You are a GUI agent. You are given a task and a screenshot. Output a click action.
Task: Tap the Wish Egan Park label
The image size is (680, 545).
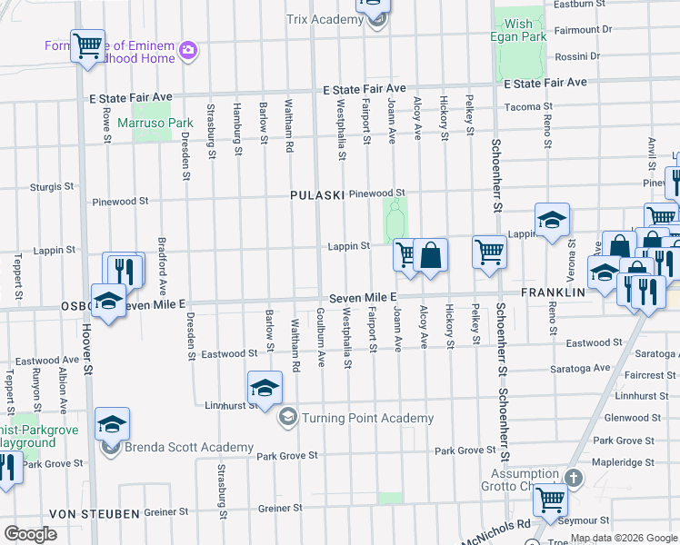tap(519, 30)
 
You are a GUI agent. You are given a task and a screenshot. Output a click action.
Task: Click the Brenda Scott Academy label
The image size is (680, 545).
tap(189, 447)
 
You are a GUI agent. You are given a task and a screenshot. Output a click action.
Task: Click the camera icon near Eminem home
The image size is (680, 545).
tap(188, 49)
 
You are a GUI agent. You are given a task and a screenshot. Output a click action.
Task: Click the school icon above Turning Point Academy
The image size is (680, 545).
tap(265, 388)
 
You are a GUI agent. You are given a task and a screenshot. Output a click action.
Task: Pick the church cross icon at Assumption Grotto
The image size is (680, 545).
tap(573, 478)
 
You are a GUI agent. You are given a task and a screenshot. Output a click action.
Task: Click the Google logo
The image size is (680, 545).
tap(30, 533)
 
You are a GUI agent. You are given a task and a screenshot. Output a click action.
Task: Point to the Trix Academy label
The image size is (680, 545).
tap(325, 20)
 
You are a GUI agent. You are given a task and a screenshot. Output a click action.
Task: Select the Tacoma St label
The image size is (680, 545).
tap(523, 106)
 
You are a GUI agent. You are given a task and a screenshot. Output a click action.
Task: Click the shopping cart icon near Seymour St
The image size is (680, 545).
tap(550, 500)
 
